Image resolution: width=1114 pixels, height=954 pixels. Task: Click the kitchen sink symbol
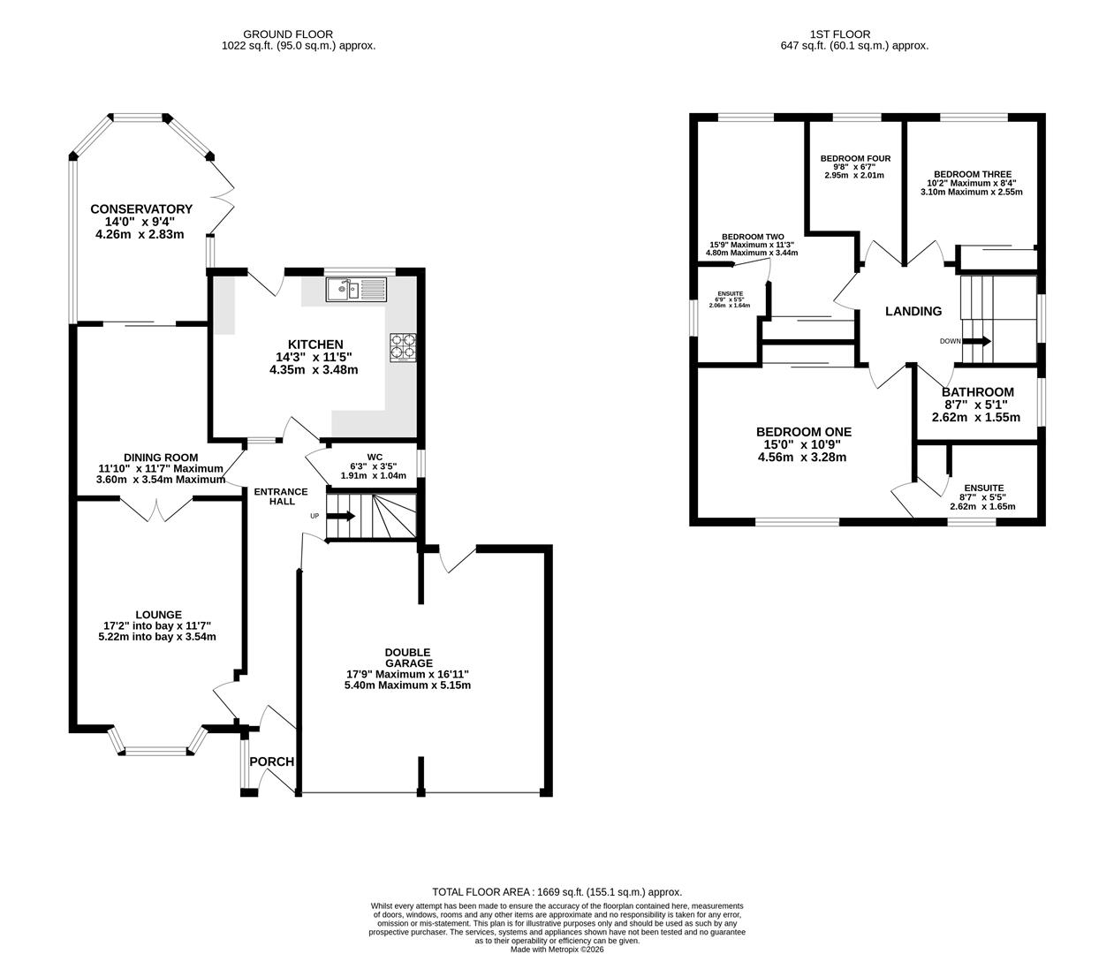pos(356,289)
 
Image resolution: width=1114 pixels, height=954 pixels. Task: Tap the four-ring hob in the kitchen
pos(403,347)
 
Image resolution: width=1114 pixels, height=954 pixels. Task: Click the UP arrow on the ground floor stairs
pos(341,516)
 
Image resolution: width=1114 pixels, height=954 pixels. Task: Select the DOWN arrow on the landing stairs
pos(976,341)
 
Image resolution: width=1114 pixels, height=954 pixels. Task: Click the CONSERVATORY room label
pos(141,209)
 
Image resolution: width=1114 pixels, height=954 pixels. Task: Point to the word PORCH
pos(271,761)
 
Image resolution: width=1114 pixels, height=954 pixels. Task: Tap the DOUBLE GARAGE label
pos(408,657)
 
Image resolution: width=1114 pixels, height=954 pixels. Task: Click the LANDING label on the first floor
pos(913,311)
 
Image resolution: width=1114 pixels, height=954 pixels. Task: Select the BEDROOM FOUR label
pos(855,158)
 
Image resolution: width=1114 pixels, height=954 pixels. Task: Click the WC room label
pos(375,457)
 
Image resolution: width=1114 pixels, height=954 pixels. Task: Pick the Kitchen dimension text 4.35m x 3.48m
pos(314,370)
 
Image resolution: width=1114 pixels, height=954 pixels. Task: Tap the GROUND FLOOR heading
pos(288,34)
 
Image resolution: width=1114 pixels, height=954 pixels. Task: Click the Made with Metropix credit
pos(557,950)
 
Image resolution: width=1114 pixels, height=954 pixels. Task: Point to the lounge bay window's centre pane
pos(156,751)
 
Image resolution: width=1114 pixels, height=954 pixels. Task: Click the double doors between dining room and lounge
pos(156,510)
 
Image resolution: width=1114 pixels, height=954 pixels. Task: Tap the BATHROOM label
pos(978,392)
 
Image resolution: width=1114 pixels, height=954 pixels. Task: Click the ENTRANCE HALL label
pos(281,496)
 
